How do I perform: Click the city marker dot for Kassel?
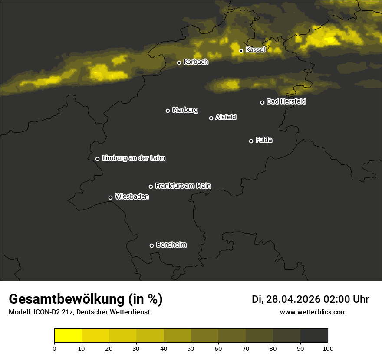pos(241,51)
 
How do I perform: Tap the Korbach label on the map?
pos(196,62)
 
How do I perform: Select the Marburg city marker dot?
pos(168,111)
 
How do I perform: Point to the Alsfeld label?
pos(226,118)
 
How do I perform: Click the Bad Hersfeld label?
pos(286,102)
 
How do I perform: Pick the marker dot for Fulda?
pos(251,141)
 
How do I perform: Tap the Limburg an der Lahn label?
pos(133,158)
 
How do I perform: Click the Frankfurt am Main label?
pos(183,186)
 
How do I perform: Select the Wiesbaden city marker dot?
pos(110,197)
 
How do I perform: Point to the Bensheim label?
pos(171,245)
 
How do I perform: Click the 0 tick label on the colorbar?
pos(54,348)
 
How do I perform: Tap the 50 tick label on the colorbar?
pos(191,348)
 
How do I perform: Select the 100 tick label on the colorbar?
pos(328,348)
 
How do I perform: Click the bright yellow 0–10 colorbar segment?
pos(68,336)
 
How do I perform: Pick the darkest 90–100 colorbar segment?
pos(314,336)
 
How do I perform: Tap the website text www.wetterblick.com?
pos(313,312)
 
